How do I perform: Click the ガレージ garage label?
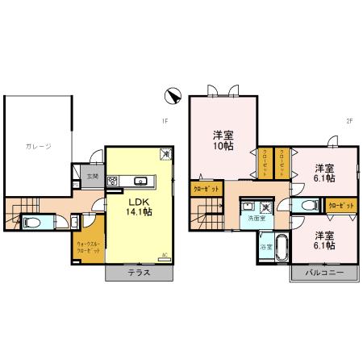tap(38, 146)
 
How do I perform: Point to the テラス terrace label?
tap(139, 273)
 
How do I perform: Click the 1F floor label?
tap(163, 123)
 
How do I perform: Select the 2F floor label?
tap(349, 123)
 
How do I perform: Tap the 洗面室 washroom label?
tap(257, 218)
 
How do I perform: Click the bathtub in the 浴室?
tap(282, 247)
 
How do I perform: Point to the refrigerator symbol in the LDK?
tap(165, 153)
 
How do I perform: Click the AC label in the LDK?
tap(165, 256)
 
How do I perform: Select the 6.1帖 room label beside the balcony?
tap(325, 240)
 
